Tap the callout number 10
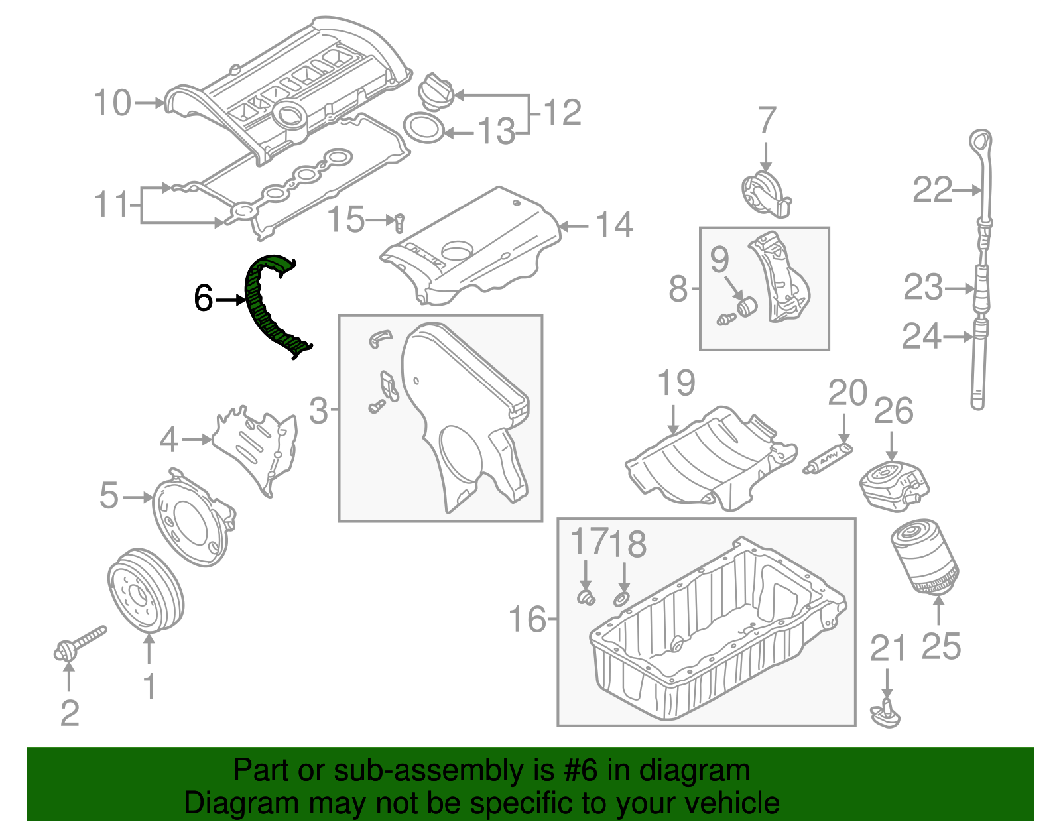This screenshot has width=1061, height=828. point(112,103)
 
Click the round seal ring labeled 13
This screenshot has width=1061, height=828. point(424,128)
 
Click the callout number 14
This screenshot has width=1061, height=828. point(614,225)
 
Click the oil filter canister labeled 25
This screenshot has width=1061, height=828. point(924,558)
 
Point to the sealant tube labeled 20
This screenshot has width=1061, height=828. point(828,459)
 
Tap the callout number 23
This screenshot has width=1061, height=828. point(922,288)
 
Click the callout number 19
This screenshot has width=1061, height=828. point(676,383)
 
